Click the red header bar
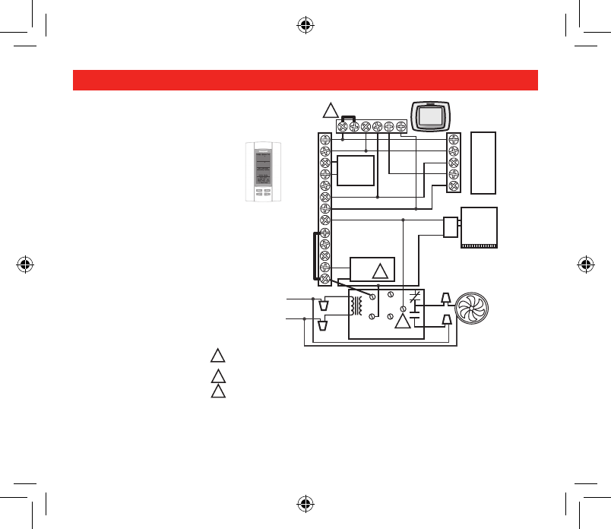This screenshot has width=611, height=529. click(x=305, y=80)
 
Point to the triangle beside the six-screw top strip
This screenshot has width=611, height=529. click(x=331, y=110)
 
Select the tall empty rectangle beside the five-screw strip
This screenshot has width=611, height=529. click(x=483, y=163)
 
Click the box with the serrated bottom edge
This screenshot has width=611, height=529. click(x=479, y=228)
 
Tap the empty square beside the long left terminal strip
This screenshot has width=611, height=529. click(x=355, y=170)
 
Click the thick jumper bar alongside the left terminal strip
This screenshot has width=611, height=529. click(x=313, y=256)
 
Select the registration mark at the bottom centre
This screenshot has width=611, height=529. click(x=305, y=504)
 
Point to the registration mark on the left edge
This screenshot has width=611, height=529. click(x=24, y=264)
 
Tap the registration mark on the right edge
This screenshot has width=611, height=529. click(x=586, y=264)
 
